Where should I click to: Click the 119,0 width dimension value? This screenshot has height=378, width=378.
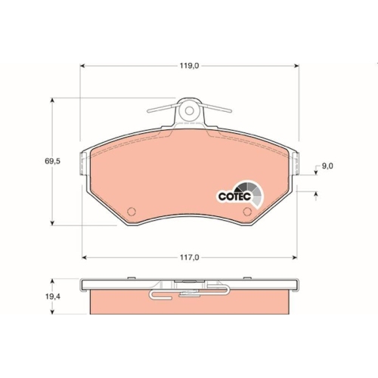point(189,66)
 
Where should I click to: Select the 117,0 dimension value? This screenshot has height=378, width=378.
point(189,257)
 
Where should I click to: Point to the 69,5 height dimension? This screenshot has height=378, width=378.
point(53,161)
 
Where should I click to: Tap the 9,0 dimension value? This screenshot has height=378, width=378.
point(327,166)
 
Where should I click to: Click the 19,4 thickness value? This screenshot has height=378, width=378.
point(53,296)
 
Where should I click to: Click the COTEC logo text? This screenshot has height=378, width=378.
point(234,197)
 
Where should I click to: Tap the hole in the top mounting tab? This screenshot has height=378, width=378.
point(189,110)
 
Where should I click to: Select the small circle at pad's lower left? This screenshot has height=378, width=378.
point(132,211)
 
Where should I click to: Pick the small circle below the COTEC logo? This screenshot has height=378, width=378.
point(247,211)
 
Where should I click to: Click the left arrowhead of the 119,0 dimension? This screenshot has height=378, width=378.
point(82,66)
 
